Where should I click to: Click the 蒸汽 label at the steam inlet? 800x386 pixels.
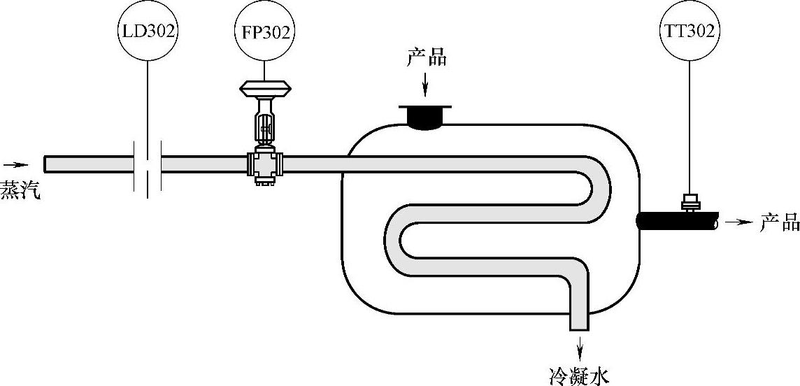(20, 190)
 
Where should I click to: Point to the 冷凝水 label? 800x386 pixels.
(580, 376)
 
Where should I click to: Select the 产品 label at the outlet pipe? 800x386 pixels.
(778, 223)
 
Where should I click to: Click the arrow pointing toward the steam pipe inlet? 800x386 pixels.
(15, 165)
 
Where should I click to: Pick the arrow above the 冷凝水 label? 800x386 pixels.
(580, 346)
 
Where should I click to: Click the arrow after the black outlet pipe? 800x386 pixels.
(738, 222)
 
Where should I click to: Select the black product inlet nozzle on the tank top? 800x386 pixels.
(425, 116)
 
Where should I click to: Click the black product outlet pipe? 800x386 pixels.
(676, 222)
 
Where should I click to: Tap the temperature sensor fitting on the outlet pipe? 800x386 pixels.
(691, 202)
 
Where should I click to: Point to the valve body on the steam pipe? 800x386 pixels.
(264, 166)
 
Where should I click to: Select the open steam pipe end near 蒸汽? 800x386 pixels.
(47, 164)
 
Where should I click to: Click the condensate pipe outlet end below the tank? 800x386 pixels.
(580, 326)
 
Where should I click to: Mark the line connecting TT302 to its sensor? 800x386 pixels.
(690, 126)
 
